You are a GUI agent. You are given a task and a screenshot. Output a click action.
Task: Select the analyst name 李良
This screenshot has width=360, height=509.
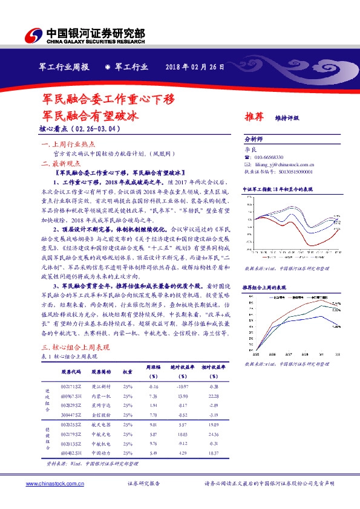pyautogui.click(x=249, y=148)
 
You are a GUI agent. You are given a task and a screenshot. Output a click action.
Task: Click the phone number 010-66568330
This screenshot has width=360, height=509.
pyautogui.click(x=268, y=157)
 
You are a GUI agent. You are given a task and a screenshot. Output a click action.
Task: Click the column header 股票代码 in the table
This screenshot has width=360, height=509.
pyautogui.click(x=71, y=372)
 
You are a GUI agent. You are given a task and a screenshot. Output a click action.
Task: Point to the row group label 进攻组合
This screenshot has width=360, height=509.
pyautogui.click(x=48, y=400)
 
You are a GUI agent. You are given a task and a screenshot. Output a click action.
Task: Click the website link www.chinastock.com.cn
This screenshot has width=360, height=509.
pyautogui.click(x=54, y=484)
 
